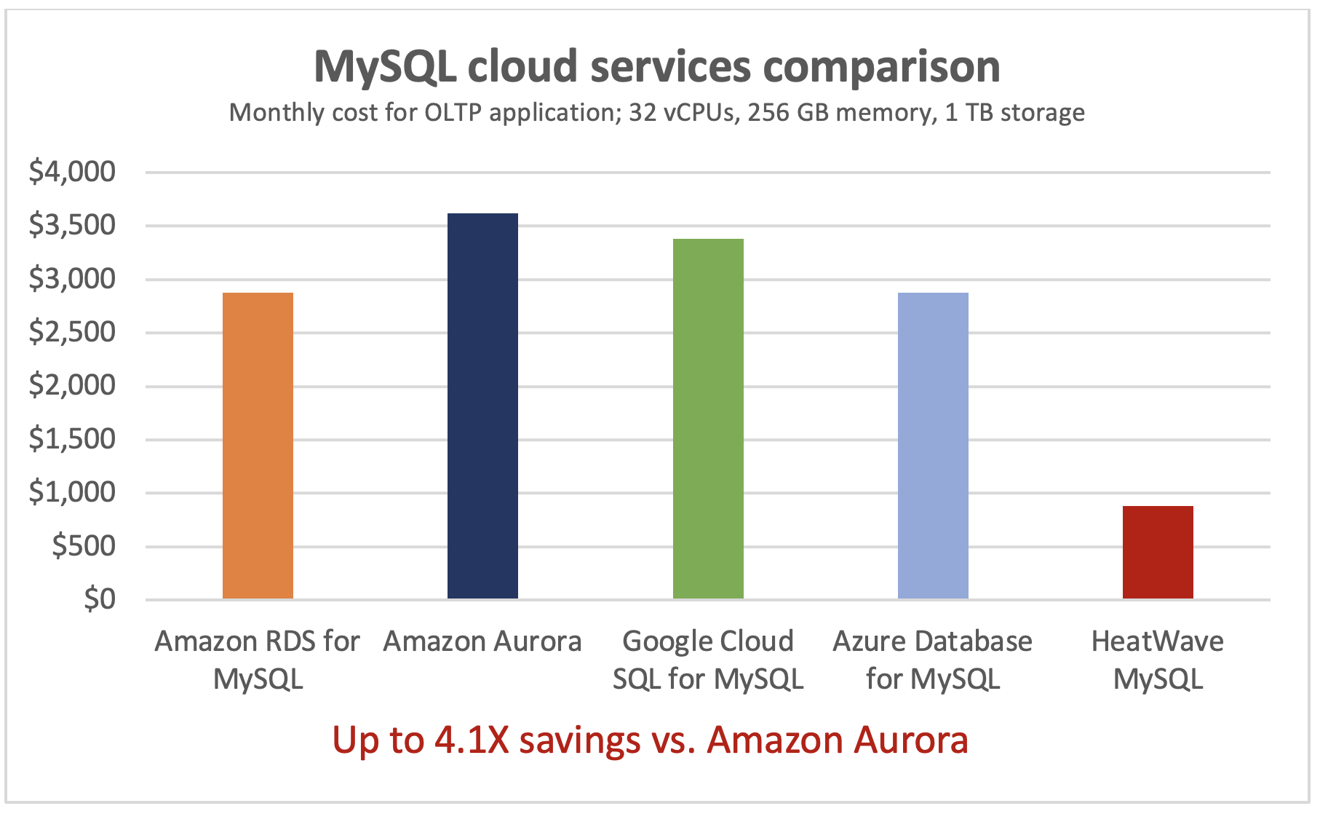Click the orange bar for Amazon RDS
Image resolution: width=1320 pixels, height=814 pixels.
tap(258, 446)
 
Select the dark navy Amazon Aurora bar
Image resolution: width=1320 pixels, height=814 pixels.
tap(482, 406)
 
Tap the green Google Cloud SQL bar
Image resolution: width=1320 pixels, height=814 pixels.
tap(708, 419)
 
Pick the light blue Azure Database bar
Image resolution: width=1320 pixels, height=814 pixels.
tap(933, 446)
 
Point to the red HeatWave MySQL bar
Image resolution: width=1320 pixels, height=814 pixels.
tap(1158, 552)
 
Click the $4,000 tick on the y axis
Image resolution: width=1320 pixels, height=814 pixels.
tap(72, 172)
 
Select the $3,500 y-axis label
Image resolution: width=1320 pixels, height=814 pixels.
tap(72, 226)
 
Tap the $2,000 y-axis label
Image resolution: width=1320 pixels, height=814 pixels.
tap(72, 385)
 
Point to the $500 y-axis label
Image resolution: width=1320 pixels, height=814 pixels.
tap(84, 545)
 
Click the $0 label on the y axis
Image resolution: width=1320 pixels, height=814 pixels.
tap(100, 598)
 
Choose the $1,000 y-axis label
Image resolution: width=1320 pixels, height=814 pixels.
tap(72, 492)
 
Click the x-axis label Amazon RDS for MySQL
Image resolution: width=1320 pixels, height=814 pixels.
tap(258, 660)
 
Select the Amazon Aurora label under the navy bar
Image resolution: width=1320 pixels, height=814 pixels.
tap(482, 641)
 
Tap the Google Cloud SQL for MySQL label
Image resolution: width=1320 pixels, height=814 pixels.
tap(708, 660)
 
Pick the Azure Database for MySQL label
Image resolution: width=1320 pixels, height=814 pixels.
tap(933, 660)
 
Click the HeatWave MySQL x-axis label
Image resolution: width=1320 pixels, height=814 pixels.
tap(1158, 660)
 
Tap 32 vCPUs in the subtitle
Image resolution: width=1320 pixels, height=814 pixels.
tap(682, 113)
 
